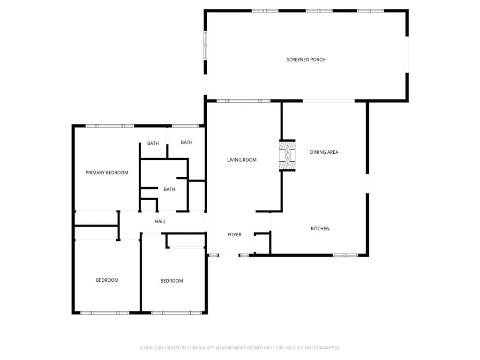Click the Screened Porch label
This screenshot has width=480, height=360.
[306, 60]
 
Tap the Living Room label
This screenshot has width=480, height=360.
[242, 160]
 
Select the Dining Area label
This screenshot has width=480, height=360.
[324, 152]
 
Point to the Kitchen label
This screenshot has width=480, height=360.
[320, 228]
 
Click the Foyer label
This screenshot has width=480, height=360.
[234, 234]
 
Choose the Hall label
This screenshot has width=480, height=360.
[160, 221]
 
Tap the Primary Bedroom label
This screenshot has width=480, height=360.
[107, 172]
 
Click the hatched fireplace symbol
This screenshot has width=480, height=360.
[287, 156]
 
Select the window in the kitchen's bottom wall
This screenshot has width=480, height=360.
[345, 255]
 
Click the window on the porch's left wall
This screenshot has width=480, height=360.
[205, 45]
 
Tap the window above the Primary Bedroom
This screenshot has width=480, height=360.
[110, 126]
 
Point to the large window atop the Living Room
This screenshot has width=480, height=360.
[243, 101]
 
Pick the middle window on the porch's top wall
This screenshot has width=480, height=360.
[319, 10]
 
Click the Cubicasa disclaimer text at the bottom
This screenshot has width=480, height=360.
[240, 348]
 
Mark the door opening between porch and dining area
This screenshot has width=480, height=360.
[329, 101]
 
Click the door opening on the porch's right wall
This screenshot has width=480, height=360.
[407, 54]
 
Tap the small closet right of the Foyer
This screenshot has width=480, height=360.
[262, 243]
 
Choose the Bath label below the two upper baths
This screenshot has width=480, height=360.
[170, 189]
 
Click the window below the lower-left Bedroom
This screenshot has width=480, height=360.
[105, 313]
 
